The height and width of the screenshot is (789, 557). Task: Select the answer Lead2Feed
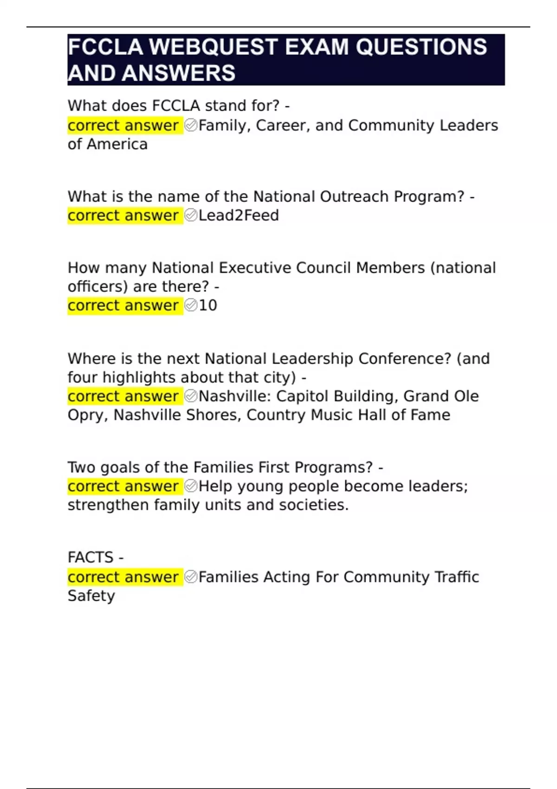(x=239, y=215)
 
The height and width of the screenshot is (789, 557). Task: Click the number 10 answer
(x=208, y=305)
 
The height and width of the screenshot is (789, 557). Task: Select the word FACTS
(x=91, y=557)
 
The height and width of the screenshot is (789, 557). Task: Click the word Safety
(x=91, y=595)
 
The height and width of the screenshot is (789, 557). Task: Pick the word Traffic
(x=456, y=577)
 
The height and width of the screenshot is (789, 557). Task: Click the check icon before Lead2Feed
(x=191, y=215)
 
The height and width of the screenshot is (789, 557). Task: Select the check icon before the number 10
(x=191, y=305)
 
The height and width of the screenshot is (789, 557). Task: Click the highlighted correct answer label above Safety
(x=123, y=577)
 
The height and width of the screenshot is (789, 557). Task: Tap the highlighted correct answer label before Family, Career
(x=123, y=125)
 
